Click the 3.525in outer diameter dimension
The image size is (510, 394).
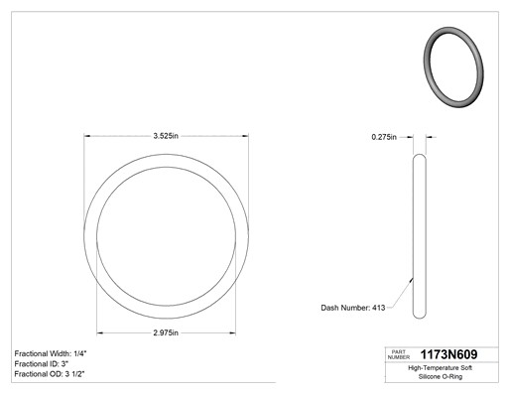point(166,136)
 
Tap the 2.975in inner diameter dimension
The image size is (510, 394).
point(166,332)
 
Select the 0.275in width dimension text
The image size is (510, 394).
point(384,137)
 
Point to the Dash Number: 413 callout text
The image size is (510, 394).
point(353,308)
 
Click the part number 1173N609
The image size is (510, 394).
point(448,354)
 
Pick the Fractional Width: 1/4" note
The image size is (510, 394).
point(51,353)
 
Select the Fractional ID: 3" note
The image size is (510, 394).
point(42,364)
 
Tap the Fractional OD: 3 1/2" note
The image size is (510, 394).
point(50,374)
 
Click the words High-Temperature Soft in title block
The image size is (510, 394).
point(440,368)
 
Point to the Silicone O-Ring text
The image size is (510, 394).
point(441,376)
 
